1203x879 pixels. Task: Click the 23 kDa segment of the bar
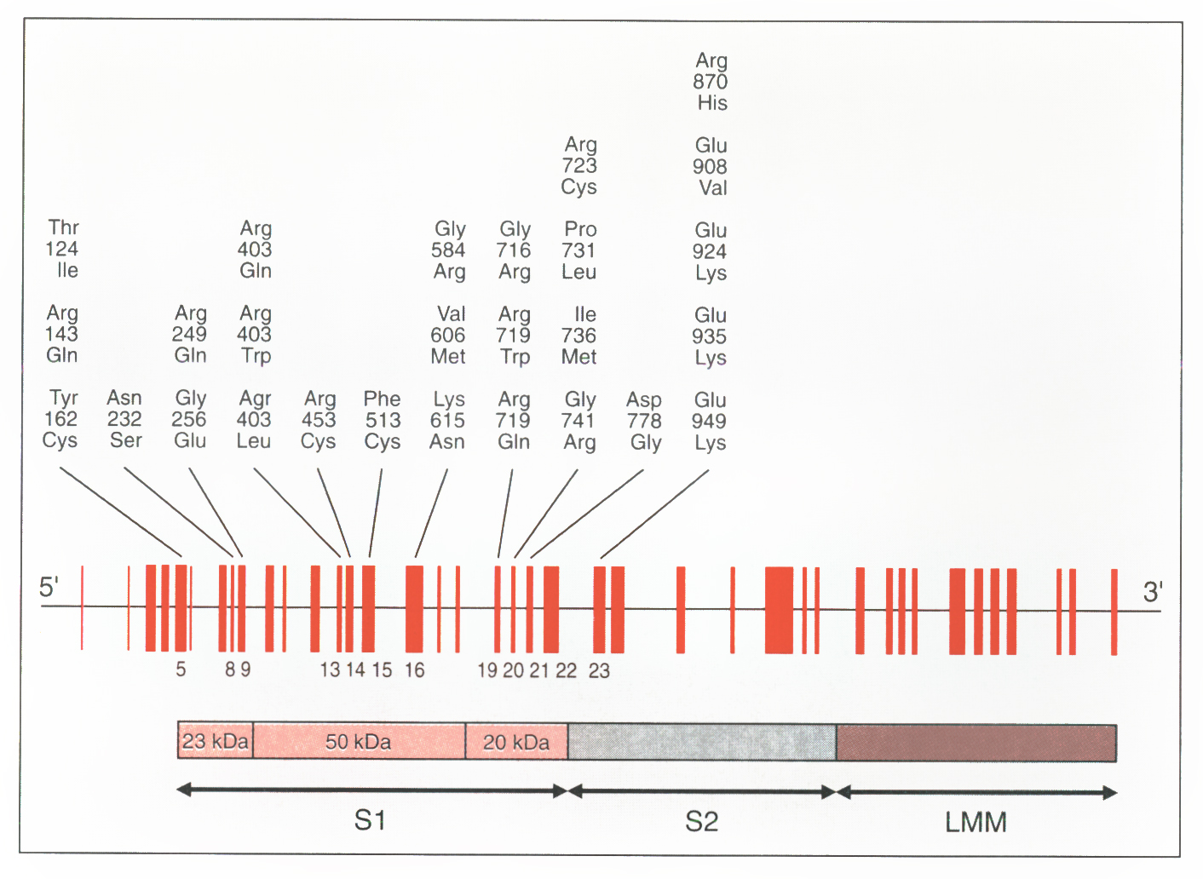pos(216,741)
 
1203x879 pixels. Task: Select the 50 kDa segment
pos(359,742)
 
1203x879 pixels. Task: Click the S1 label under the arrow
pos(371,820)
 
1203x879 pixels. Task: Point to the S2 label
pos(702,821)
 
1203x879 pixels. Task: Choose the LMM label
pos(976,822)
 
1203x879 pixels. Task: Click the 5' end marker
pos(49,587)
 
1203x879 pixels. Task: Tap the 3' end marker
pos(1153,591)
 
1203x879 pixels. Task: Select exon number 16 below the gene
pos(414,670)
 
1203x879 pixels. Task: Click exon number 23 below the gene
pos(599,671)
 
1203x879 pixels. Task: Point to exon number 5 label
pos(181,669)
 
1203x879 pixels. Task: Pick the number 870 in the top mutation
pos(710,82)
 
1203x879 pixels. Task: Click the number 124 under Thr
pos(61,249)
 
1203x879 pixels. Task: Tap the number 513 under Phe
pos(383,420)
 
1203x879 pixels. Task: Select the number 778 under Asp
pos(644,421)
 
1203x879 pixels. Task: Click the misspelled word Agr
pos(255,399)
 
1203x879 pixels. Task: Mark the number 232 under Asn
pos(124,419)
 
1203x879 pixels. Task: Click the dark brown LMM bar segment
pos(976,743)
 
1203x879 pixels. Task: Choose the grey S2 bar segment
pos(702,742)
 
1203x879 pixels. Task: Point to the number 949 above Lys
pos(709,421)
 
